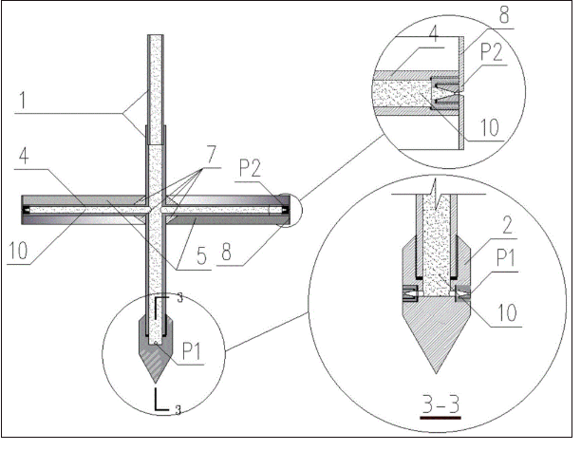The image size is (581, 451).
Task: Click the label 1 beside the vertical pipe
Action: click(x=23, y=100)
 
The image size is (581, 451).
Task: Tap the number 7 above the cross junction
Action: click(x=211, y=154)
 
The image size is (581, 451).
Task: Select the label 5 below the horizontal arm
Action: click(x=201, y=255)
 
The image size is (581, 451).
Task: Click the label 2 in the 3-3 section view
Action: click(x=507, y=225)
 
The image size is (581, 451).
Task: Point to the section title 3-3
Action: click(x=440, y=404)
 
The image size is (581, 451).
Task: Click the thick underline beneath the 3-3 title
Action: click(x=440, y=418)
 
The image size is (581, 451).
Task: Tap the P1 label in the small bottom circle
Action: click(x=192, y=351)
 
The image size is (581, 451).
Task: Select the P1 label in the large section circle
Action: click(x=506, y=258)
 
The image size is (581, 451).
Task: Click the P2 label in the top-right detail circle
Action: click(x=492, y=52)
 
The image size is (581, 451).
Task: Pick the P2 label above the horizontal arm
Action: click(x=250, y=168)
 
